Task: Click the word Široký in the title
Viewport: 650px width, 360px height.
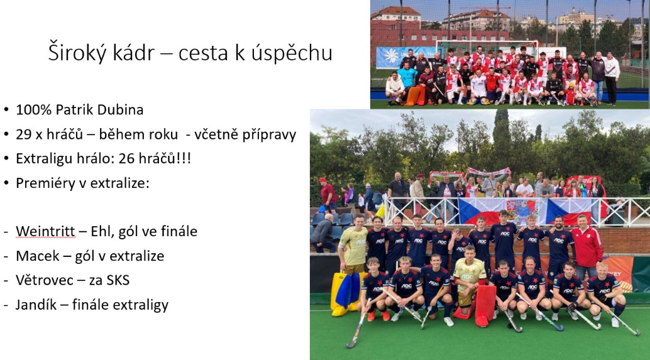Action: (77, 53)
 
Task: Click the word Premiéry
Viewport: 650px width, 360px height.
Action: (44, 183)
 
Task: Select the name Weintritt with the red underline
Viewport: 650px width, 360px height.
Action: (46, 232)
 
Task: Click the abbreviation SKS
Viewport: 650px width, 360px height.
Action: (118, 280)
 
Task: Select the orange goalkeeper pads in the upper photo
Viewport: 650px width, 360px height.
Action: (416, 95)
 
